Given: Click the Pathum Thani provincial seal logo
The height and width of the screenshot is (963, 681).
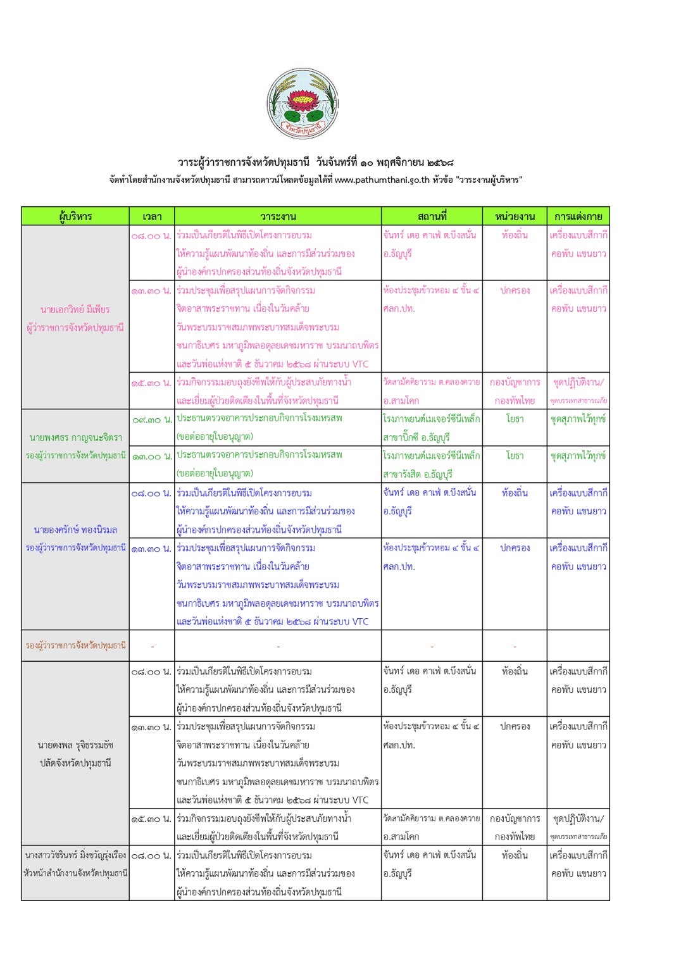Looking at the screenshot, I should point(303,104).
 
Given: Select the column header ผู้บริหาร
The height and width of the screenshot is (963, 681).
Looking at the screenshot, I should point(75,216).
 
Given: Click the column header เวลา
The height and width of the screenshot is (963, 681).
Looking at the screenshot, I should point(152,216).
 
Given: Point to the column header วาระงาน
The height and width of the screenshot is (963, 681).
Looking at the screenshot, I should point(278,216).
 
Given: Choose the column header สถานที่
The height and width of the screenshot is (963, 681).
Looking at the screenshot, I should point(432,216).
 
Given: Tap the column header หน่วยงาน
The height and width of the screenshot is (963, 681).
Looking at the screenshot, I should point(515,216).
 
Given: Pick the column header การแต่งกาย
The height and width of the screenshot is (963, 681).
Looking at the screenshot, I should point(578,216).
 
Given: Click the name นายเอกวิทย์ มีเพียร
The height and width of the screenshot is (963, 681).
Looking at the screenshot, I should point(75,309).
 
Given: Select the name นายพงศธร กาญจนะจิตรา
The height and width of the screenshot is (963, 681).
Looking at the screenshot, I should point(75,437).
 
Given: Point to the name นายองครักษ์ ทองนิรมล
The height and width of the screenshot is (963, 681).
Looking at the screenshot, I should point(75,530).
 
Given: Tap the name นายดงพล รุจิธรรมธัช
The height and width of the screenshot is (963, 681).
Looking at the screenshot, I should point(75,745).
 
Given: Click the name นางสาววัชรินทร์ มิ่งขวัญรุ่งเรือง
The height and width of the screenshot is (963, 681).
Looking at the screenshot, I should point(75,855).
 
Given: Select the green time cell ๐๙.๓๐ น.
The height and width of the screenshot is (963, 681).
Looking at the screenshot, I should point(152,419).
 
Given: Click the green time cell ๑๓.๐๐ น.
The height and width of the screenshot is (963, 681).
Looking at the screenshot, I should point(152,456).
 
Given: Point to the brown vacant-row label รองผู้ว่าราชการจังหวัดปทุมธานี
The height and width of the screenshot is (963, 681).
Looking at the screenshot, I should point(75,645).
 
